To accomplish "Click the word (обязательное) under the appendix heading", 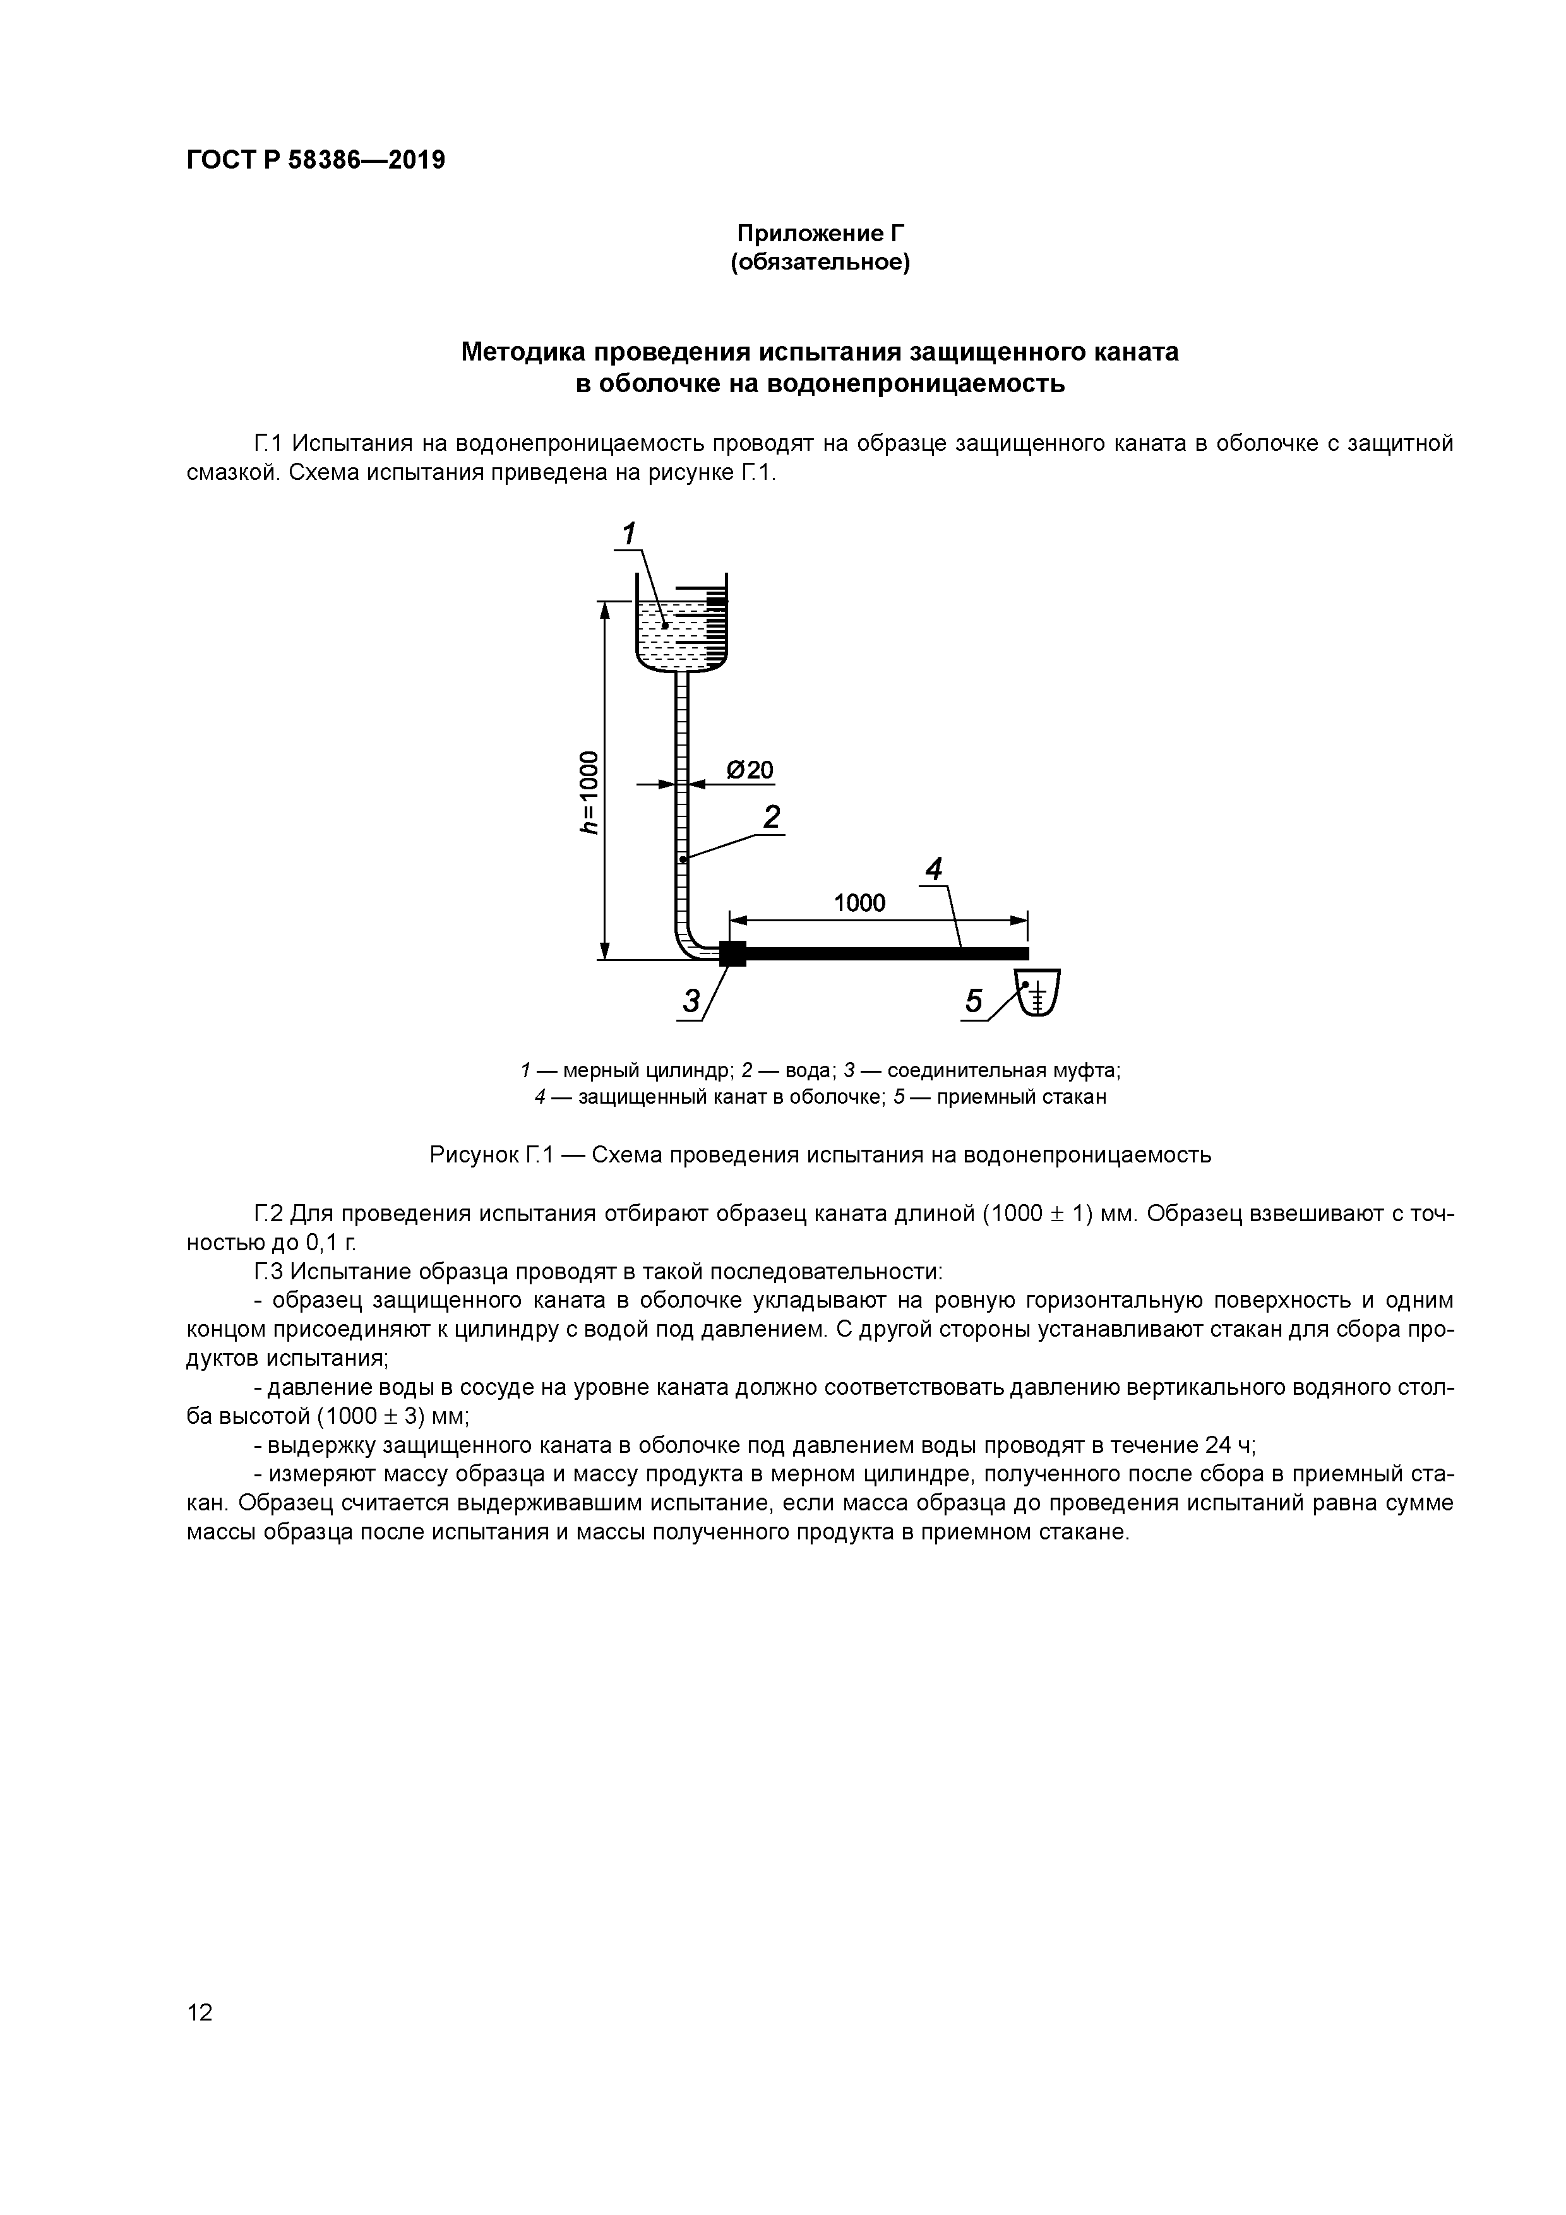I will [x=820, y=263].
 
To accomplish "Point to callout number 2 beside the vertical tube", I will [x=771, y=817].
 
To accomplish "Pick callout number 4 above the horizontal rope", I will [x=933, y=869].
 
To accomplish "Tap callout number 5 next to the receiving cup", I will [x=974, y=1002].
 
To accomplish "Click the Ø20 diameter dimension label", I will [x=749, y=770].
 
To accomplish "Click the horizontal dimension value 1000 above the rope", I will [x=859, y=903].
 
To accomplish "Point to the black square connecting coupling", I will [x=732, y=953].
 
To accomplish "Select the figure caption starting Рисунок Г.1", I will [x=820, y=1155].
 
